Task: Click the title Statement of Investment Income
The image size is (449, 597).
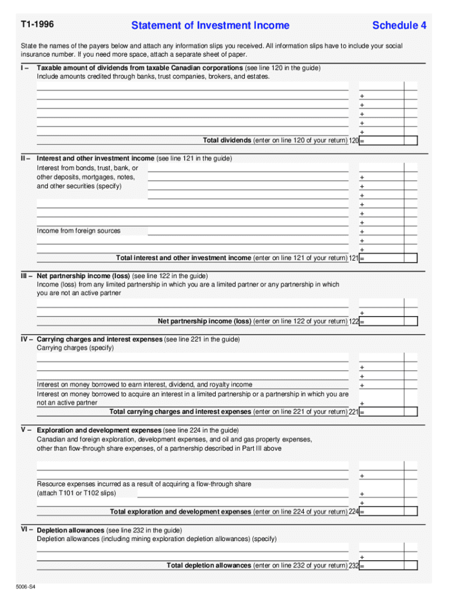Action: coord(210,26)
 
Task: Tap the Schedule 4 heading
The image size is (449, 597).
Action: coord(399,26)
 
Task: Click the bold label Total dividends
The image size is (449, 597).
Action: coord(227,141)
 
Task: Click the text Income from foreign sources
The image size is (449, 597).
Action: coord(79,231)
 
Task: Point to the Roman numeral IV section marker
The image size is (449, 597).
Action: coord(27,339)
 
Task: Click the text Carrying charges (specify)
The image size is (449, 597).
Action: coord(75,348)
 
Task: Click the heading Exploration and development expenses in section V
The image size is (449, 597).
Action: coord(99,431)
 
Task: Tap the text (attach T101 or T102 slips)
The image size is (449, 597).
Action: coord(76,493)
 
